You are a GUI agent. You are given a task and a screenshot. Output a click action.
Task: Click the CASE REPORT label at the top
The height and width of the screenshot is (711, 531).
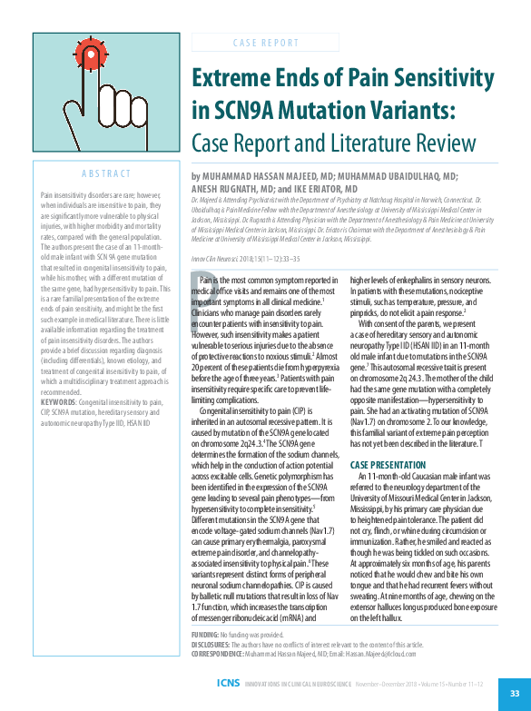tap(266, 43)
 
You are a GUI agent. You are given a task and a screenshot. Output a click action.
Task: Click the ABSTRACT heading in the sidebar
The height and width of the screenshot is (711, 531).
tap(107, 173)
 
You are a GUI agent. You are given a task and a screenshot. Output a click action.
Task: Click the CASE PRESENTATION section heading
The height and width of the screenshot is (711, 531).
tap(391, 464)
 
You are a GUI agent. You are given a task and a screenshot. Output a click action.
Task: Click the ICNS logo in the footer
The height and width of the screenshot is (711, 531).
tap(229, 682)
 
